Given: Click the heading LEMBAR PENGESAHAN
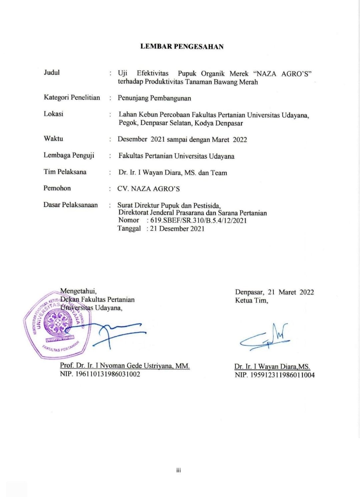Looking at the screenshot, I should pos(182,46).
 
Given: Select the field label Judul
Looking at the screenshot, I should pos(52,72).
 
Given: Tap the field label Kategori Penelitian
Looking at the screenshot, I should pos(72,97).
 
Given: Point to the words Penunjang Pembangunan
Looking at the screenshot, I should pos(154,98).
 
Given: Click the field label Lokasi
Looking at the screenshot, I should pos(53,114).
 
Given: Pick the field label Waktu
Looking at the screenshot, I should pos(53,138).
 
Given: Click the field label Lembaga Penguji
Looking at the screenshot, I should pos(69,155).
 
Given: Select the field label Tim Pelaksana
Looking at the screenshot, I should pos(65,172).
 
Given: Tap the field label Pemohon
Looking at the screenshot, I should pos(57,188).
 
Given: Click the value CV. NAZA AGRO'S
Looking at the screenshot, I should pos(148,189).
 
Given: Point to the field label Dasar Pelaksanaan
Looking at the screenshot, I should pos(70,205).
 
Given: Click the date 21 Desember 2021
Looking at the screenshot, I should pos(177,229).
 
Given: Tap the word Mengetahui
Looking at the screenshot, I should pos(78,291).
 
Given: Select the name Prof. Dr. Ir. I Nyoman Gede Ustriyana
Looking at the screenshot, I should pos(125,366).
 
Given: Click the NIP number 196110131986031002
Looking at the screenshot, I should pos(100,374).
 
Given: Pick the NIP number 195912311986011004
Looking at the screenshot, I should pos(275,375).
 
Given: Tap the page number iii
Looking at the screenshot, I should pos(179,470).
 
